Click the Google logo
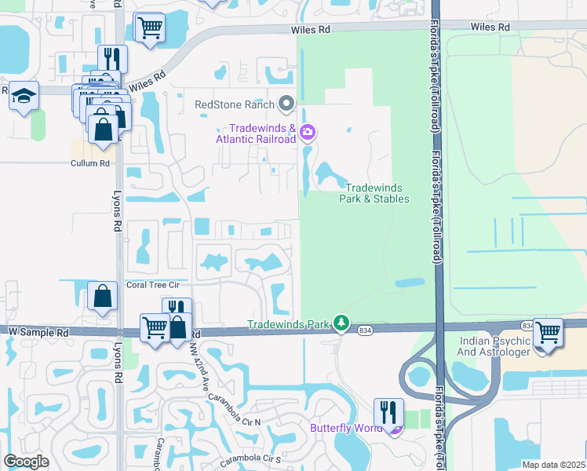[26, 462]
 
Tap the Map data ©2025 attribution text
[552, 465]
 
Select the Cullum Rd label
[89, 163]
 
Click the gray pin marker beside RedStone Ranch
[286, 104]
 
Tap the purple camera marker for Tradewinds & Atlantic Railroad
[308, 132]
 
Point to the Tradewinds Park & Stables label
[374, 193]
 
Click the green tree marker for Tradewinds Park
[341, 323]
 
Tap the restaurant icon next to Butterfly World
[388, 411]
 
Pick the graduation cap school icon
[24, 96]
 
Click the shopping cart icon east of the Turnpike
[547, 332]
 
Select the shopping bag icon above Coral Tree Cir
[102, 297]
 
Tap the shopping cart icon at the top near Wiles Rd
[148, 28]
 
